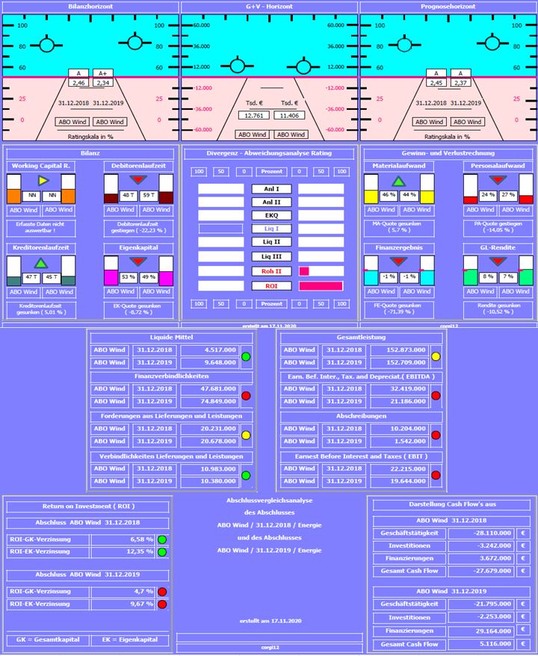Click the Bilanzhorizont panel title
coord(90,6)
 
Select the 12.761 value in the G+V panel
coord(253,116)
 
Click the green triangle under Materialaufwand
coord(399,181)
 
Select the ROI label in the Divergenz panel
coord(270,285)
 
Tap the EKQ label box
coord(270,216)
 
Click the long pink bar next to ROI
coord(321,285)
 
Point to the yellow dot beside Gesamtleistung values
coord(436,356)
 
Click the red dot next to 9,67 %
coord(161,602)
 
